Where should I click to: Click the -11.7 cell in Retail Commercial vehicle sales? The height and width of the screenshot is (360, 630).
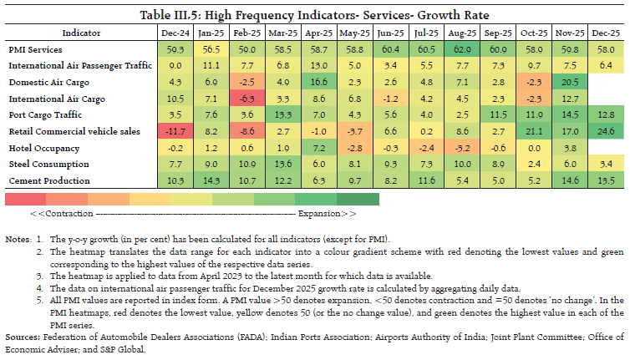coord(175,131)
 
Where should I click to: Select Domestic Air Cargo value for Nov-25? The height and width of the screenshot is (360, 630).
coord(566,83)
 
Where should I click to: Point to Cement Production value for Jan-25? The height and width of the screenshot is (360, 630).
coord(211,180)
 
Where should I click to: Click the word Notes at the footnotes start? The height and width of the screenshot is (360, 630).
coord(18,240)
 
